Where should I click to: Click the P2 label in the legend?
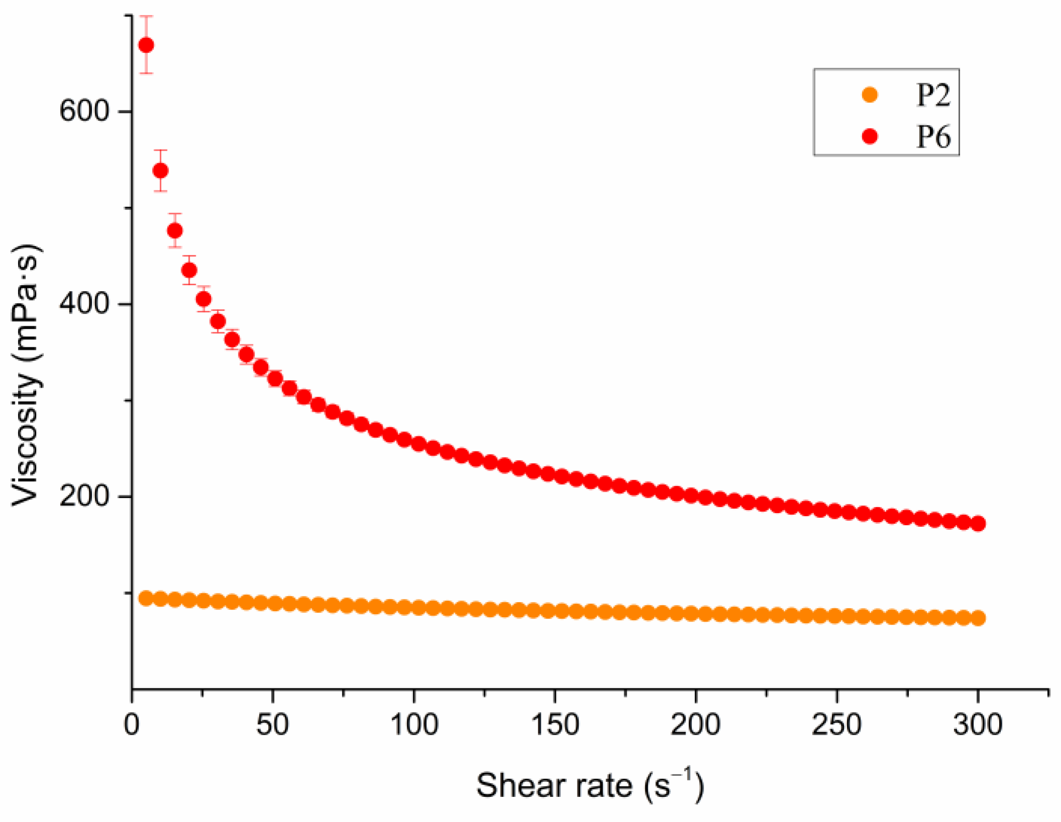click(933, 94)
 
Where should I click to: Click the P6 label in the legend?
click(933, 136)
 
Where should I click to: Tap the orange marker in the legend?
click(870, 94)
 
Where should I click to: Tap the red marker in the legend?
click(870, 136)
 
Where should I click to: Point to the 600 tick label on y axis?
click(84, 110)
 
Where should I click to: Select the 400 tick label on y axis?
click(84, 304)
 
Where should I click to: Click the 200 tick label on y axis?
click(84, 496)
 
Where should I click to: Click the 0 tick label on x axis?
click(132, 725)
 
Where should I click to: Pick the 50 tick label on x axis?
click(272, 725)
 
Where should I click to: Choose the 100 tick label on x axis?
click(414, 725)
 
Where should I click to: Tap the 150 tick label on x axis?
click(555, 725)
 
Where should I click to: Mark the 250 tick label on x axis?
click(837, 725)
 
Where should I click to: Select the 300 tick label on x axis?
click(978, 725)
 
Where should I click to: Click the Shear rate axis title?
click(590, 785)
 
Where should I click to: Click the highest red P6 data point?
click(146, 45)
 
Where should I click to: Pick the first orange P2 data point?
click(146, 598)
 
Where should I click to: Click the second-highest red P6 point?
click(160, 171)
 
